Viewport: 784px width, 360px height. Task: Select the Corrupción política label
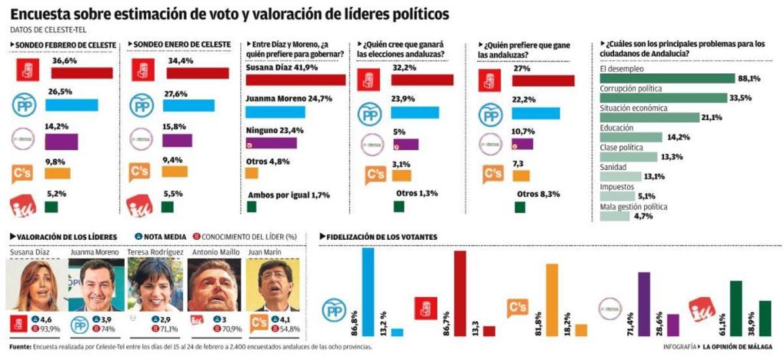pos(630,88)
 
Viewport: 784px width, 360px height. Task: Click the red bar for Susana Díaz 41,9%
pos(295,80)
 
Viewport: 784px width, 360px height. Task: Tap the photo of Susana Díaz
pos(36,284)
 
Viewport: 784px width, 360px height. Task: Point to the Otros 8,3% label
pos(538,193)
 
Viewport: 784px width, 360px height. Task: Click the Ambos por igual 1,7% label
pos(289,195)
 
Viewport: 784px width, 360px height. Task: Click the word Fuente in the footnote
pos(20,347)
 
